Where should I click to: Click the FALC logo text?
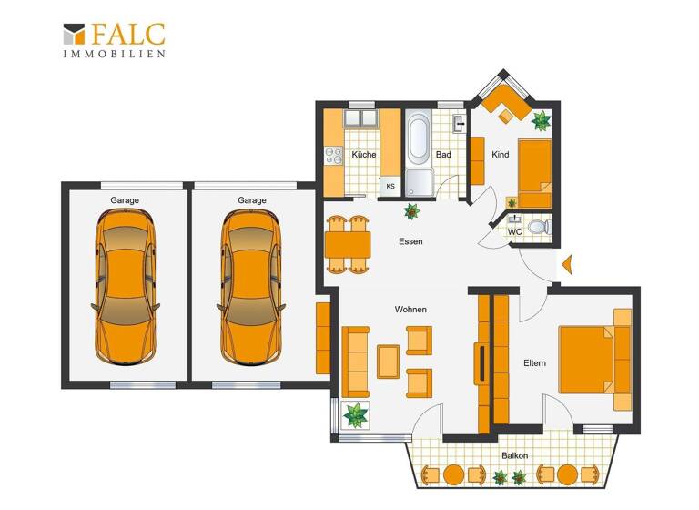[127, 34]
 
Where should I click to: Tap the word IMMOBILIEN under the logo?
[114, 55]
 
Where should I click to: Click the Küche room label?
[364, 155]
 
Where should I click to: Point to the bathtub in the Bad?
[420, 139]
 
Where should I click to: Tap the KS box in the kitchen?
[390, 187]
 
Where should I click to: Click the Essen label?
[410, 241]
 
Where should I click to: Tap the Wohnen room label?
[410, 310]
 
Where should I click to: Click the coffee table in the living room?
[389, 362]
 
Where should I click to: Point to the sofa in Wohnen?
[355, 362]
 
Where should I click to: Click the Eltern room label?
[534, 363]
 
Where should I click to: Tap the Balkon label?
[514, 455]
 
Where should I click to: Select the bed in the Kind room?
[534, 173]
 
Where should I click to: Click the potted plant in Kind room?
[542, 120]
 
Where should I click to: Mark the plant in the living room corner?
[355, 415]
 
